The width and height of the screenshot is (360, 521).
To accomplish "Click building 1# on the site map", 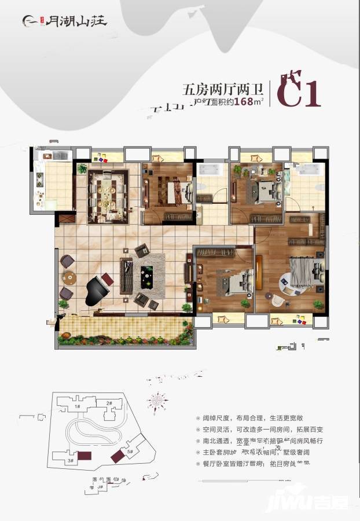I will [x=78, y=406].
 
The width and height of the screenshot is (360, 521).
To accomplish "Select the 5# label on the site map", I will [x=130, y=451].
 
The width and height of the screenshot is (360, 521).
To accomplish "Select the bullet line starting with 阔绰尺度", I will [x=254, y=419].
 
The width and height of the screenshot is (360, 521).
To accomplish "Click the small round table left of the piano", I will [x=68, y=277].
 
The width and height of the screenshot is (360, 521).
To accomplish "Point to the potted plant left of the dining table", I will [x=82, y=169].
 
